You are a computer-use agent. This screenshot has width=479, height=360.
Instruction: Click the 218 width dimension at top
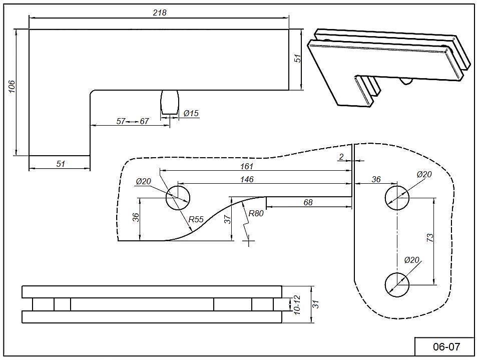pyautogui.click(x=159, y=13)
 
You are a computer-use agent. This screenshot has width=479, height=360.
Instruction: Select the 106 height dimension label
pyautogui.click(x=12, y=86)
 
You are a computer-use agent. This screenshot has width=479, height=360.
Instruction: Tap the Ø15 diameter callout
pyautogui.click(x=191, y=113)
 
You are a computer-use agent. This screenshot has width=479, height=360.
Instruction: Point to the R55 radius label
pyautogui.click(x=196, y=219)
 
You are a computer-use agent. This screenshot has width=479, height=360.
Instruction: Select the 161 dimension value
pyautogui.click(x=247, y=166)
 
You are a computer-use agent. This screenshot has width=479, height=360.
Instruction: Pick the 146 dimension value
pyautogui.click(x=247, y=179)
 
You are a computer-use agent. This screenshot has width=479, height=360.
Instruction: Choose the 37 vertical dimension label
pyautogui.click(x=228, y=219)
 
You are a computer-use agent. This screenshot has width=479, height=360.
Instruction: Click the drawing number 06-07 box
pyautogui.click(x=444, y=346)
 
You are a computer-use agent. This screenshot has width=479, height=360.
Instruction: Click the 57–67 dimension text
pyautogui.click(x=133, y=121)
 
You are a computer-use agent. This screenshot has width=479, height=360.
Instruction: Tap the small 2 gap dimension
pyautogui.click(x=341, y=157)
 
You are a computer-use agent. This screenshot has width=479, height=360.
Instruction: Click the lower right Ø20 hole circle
pyautogui.click(x=397, y=284)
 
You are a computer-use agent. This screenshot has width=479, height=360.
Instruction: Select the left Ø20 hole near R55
pyautogui.click(x=178, y=197)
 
